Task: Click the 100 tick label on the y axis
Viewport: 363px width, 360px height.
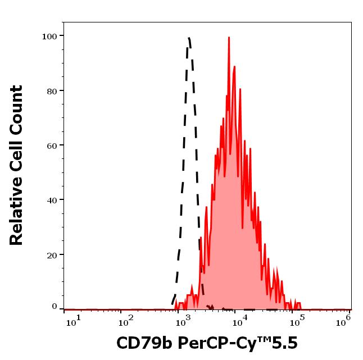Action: point(49,37)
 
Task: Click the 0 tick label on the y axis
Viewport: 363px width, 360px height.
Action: point(55,307)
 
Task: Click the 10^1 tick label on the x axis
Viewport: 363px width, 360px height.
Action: point(73,320)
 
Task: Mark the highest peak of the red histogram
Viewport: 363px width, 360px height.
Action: point(229,38)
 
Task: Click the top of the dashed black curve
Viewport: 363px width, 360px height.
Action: point(188,38)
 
